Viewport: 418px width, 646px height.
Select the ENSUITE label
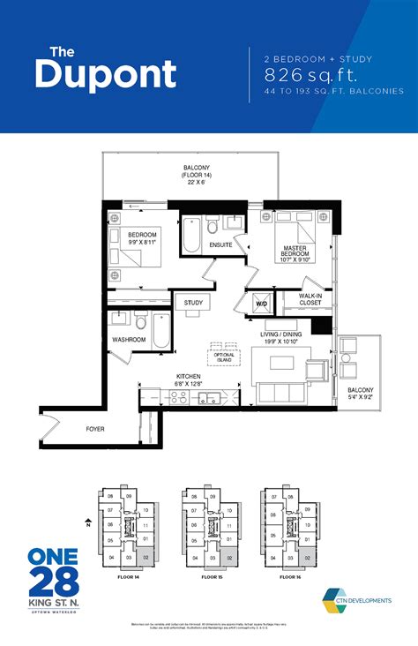(220, 244)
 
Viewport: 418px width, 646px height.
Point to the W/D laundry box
(262, 303)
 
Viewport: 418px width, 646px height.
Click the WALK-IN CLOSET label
(310, 299)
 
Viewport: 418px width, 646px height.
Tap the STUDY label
(193, 304)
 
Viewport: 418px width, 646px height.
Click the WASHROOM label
(128, 340)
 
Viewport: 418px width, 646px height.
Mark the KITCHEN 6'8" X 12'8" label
(190, 379)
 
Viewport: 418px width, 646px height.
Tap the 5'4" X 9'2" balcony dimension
(360, 397)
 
